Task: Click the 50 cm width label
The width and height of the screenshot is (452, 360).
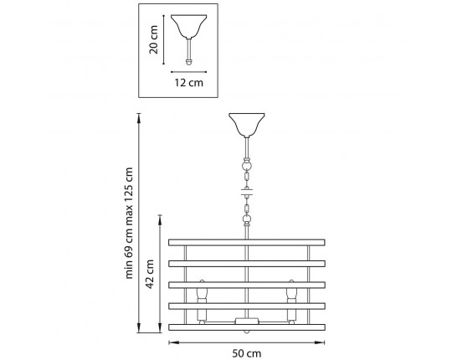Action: point(247,353)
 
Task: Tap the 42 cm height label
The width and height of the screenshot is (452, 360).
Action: point(150,274)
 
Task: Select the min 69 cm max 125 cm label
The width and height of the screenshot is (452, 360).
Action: point(129,223)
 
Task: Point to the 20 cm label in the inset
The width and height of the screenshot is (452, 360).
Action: point(153,40)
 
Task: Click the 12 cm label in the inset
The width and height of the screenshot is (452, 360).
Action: point(189,83)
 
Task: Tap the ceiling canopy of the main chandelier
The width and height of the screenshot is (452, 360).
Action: point(247,125)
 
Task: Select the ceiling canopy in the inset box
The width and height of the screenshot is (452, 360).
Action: point(189,26)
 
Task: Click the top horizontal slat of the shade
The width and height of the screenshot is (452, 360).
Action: point(247,243)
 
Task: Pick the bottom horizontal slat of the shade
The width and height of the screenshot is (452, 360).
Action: point(247,327)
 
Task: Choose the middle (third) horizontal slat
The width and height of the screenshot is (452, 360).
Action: point(247,285)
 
